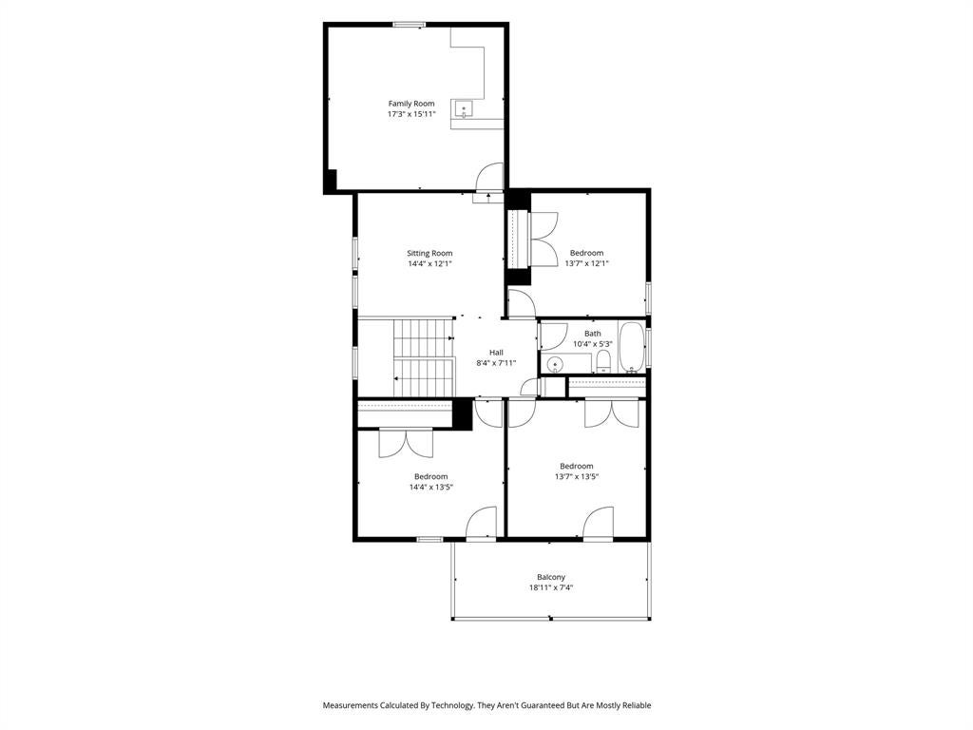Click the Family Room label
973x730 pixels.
[411, 104]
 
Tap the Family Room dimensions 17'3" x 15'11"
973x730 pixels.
[411, 114]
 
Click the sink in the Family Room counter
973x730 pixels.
[464, 109]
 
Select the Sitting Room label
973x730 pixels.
[429, 253]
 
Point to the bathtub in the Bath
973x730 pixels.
[632, 347]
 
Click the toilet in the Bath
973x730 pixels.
[603, 361]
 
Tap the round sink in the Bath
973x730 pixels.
[555, 364]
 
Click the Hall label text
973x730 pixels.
[496, 353]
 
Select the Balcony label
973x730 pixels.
[551, 577]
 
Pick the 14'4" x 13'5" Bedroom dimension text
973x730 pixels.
[430, 488]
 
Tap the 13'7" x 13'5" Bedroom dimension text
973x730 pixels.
[577, 477]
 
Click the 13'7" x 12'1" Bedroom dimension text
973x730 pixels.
[586, 263]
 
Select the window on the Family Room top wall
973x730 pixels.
[409, 25]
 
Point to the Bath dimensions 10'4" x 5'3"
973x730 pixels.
[593, 344]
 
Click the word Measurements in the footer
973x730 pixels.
[350, 705]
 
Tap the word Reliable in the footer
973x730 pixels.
[637, 705]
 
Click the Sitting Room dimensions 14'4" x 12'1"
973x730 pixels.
[429, 264]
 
